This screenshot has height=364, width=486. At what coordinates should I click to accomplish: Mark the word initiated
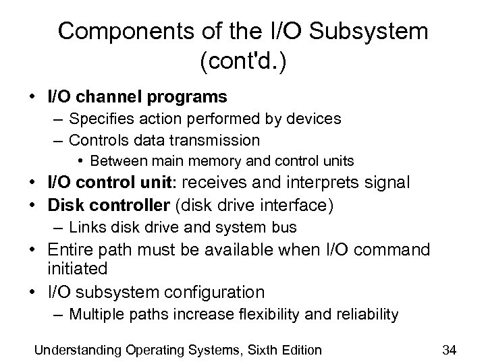click(x=78, y=268)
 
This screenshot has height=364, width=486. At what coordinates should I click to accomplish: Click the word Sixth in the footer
click(x=246, y=348)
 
